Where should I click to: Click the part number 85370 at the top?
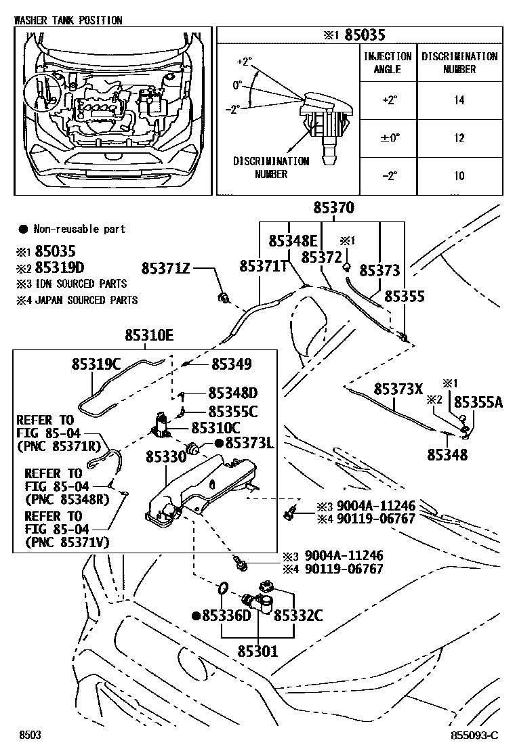click(x=342, y=209)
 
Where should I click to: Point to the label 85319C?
click(x=96, y=365)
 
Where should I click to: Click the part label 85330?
click(x=166, y=458)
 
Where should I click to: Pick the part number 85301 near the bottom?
click(x=257, y=651)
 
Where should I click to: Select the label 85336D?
click(x=226, y=616)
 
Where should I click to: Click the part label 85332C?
click(x=298, y=616)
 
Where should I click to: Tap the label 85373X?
click(x=398, y=389)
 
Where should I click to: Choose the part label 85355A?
click(x=478, y=402)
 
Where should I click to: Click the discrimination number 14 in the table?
click(x=459, y=100)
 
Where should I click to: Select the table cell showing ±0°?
click(x=390, y=138)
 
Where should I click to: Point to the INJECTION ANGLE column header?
click(x=388, y=63)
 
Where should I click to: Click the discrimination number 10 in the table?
click(x=459, y=176)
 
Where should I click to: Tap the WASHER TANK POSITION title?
click(x=68, y=20)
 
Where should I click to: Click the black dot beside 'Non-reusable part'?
click(x=22, y=230)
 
